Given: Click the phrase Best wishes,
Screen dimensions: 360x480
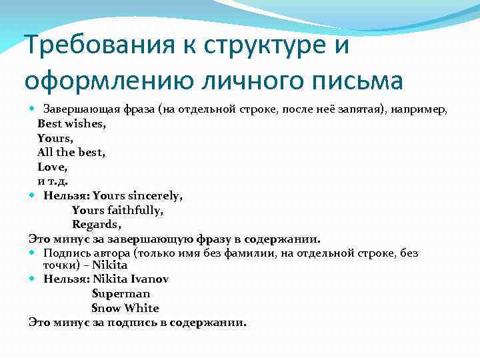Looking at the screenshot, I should (x=71, y=123).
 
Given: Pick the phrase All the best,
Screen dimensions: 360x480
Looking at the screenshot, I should (x=71, y=152).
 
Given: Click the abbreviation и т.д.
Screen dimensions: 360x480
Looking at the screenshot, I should (x=53, y=181).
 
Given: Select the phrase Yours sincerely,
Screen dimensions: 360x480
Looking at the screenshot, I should (x=138, y=195).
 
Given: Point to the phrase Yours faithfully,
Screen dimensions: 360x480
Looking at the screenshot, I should (x=117, y=210).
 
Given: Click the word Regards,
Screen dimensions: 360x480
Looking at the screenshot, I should (x=97, y=225).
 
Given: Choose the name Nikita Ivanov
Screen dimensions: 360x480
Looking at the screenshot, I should (x=131, y=279).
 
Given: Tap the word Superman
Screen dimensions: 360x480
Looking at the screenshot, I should (x=121, y=293).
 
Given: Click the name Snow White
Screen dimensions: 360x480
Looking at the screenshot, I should (x=125, y=308).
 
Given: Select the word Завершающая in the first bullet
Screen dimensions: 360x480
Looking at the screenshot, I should (x=77, y=109).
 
